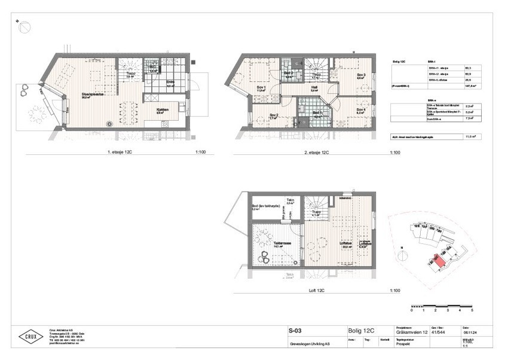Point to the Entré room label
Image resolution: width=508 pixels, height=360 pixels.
click(x=170, y=83)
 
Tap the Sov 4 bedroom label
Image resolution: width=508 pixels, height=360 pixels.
click(x=360, y=110)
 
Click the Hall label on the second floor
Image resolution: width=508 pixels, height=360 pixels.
click(x=314, y=88)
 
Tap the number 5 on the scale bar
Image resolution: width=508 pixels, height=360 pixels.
click(x=472, y=312)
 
